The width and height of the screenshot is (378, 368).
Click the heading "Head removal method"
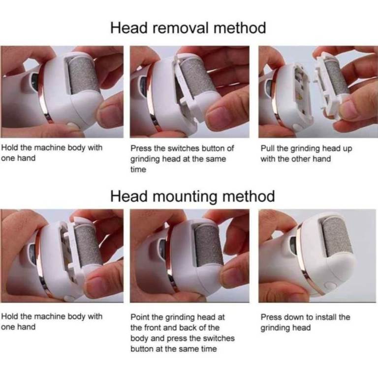(188, 28)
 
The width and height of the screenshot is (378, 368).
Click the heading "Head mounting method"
(192, 196)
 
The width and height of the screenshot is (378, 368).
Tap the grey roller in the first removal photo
(83, 75)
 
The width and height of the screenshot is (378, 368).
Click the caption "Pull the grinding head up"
(306, 148)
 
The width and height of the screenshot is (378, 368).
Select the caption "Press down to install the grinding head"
(305, 322)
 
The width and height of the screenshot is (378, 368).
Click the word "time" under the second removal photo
(138, 170)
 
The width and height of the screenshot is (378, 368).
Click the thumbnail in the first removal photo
(112, 113)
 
